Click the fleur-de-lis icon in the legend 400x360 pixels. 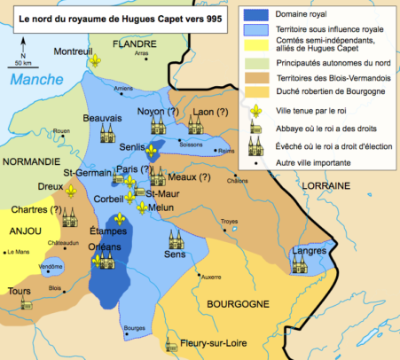pos(256,111)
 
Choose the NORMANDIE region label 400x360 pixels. pos(29,162)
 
